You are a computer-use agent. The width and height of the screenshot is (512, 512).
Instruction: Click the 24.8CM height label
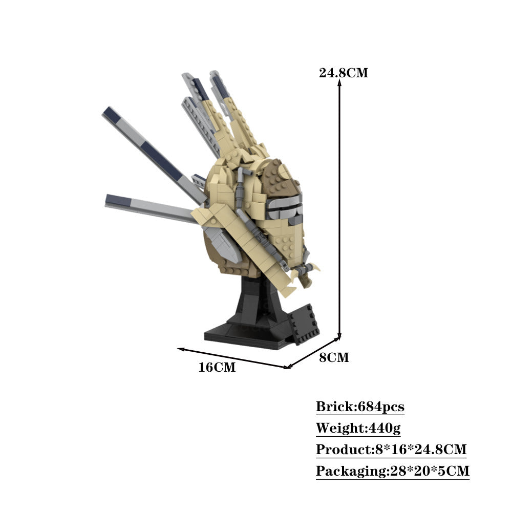[344, 73]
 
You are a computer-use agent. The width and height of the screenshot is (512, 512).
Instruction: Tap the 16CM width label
[217, 367]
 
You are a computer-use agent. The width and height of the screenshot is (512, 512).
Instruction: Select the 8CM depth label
[334, 357]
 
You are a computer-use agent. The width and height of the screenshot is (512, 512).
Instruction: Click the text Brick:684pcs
[360, 407]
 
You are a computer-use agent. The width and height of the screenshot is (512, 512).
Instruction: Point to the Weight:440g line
[358, 428]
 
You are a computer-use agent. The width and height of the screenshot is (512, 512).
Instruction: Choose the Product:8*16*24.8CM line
[391, 450]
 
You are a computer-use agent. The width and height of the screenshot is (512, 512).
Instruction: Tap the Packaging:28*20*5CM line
[393, 471]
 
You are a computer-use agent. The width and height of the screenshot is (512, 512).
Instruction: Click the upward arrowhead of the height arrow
[339, 82]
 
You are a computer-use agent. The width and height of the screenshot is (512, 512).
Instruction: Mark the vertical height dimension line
[339, 209]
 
